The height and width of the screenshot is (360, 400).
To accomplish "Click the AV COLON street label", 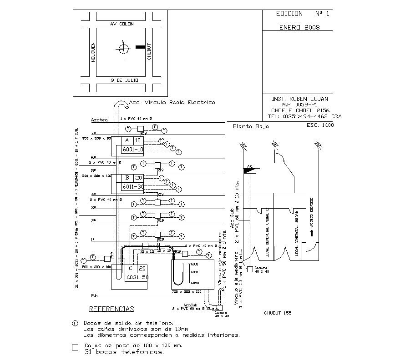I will click(x=122, y=24).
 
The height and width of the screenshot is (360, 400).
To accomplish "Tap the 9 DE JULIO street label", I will click(x=124, y=80).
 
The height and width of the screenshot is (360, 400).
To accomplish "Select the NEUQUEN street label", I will click(x=93, y=52).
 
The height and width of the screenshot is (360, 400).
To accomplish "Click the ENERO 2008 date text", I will click(x=299, y=27).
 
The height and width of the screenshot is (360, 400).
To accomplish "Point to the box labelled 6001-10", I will click(x=133, y=149).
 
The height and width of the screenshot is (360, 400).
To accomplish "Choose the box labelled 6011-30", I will click(x=133, y=187).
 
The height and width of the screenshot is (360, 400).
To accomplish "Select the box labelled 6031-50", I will click(x=137, y=277).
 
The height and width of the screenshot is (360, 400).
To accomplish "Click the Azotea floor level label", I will click(x=99, y=120).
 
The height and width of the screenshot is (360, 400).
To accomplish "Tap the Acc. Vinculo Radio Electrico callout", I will click(x=172, y=102).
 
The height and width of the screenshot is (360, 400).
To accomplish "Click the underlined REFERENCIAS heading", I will click(x=111, y=309).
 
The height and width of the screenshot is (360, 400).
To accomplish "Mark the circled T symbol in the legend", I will click(x=75, y=323).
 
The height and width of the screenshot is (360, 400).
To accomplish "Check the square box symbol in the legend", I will click(x=75, y=348).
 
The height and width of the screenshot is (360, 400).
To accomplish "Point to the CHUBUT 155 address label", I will click(x=278, y=313).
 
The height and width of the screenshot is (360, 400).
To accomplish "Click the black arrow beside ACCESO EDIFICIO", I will click(x=312, y=233).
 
